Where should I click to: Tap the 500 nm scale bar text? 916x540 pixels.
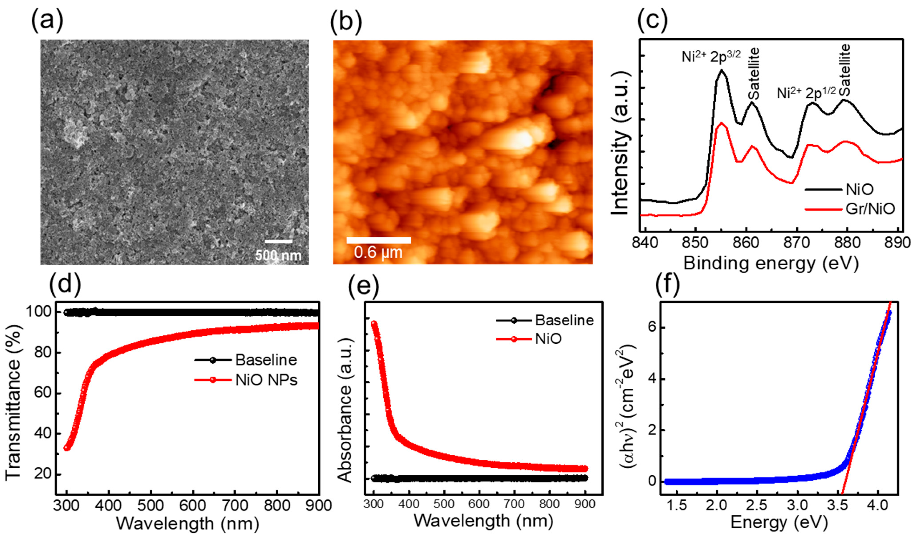point(278,256)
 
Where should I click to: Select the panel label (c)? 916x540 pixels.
point(653,21)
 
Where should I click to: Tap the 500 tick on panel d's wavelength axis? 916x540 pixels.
point(151,506)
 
